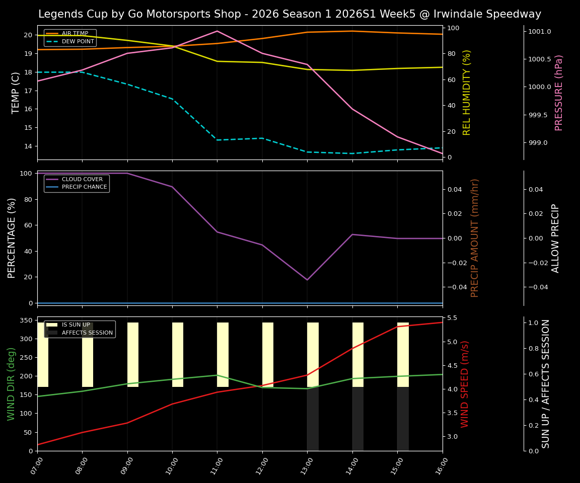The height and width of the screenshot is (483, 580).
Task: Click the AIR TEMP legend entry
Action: coord(75,34)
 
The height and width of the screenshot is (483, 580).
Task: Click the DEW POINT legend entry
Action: coord(78,42)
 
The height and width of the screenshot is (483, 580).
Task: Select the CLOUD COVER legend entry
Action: coord(82,179)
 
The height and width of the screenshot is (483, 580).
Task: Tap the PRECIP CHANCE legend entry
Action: coord(84,187)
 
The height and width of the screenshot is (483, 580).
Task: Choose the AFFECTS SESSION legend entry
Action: coord(87,333)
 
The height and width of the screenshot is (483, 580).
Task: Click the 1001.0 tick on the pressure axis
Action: coord(540,32)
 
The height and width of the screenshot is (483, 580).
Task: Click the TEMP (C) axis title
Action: coord(16,93)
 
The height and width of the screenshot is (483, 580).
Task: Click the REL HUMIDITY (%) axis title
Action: coord(467,93)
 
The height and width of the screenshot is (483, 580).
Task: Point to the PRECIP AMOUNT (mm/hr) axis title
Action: coord(475,238)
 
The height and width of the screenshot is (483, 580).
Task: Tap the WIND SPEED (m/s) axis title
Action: coord(465,384)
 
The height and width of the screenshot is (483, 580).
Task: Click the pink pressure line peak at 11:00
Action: coord(217,31)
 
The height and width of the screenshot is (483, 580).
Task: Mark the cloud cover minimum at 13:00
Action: coord(307,280)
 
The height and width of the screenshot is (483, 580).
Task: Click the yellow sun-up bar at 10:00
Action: coord(178,355)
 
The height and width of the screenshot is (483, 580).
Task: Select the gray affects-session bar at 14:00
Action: coord(358,419)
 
